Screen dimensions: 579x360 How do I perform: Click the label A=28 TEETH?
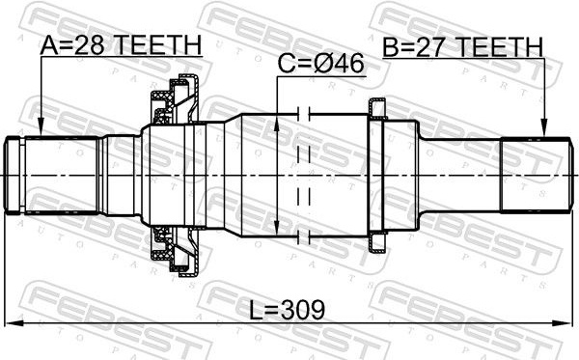click(x=121, y=44)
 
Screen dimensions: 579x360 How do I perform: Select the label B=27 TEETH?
click(x=462, y=47)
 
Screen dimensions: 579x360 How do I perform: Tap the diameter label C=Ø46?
click(x=321, y=64)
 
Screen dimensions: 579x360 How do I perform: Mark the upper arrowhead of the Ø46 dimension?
click(x=277, y=124)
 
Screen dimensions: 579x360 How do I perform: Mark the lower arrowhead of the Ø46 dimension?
click(x=277, y=227)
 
